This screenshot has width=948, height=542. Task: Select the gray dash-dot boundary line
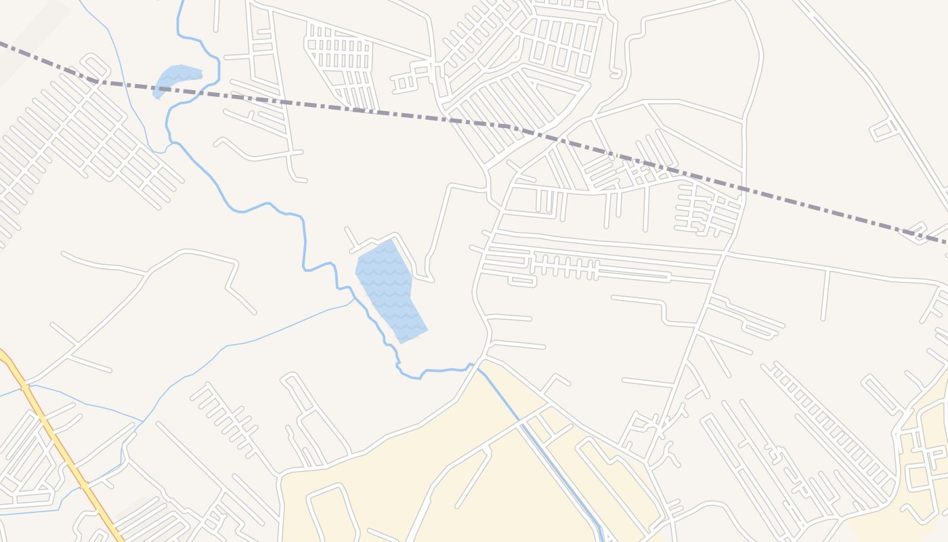point(379,112)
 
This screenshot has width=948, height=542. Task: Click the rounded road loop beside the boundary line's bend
point(95,65)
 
